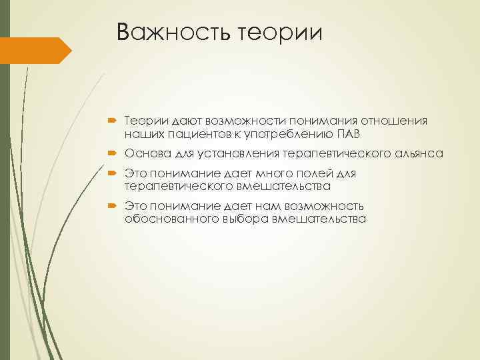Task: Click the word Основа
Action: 145,153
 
